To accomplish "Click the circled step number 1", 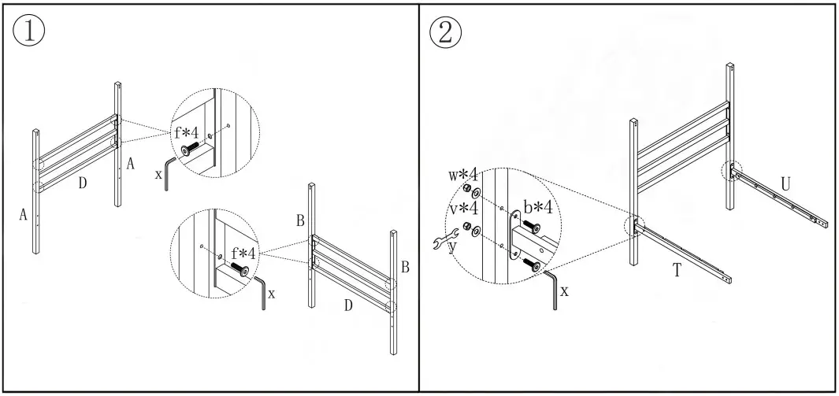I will coord(28,31).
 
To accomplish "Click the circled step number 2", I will coord(446,32).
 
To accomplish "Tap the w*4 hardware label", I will coord(464,175).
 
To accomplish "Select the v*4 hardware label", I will coord(464,209).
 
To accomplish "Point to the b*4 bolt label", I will coord(538,208).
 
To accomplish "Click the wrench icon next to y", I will coord(447,242).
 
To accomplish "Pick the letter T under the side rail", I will coord(677,270).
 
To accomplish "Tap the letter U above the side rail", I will coord(785,183).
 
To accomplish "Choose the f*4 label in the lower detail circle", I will coord(243,254).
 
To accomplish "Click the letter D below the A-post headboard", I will coord(82,183).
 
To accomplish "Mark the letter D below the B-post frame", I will coord(347,305).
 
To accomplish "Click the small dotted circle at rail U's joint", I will coord(732,170).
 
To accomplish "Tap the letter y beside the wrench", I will coord(451,250).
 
